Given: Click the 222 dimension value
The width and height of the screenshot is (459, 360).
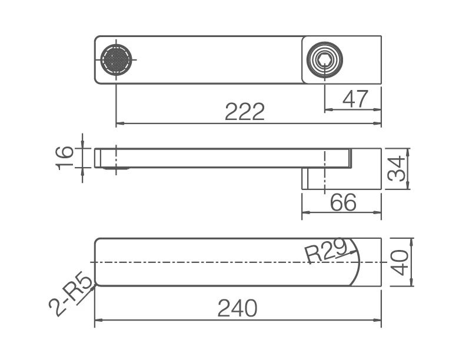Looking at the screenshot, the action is [x=245, y=112].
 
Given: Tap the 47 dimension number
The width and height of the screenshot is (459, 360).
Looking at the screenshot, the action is [x=355, y=99].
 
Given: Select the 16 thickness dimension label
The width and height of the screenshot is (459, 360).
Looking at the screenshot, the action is [x=64, y=158].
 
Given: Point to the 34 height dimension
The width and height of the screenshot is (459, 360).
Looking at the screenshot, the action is [x=396, y=169].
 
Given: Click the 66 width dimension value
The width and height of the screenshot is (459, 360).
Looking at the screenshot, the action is [x=343, y=202].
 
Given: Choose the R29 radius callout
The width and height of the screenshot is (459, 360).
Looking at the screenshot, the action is [x=325, y=250].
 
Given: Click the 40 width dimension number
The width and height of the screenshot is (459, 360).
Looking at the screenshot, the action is [x=400, y=262].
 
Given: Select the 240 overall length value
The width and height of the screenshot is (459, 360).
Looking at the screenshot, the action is [x=237, y=308].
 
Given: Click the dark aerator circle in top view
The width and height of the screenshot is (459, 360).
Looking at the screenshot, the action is [x=116, y=59].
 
